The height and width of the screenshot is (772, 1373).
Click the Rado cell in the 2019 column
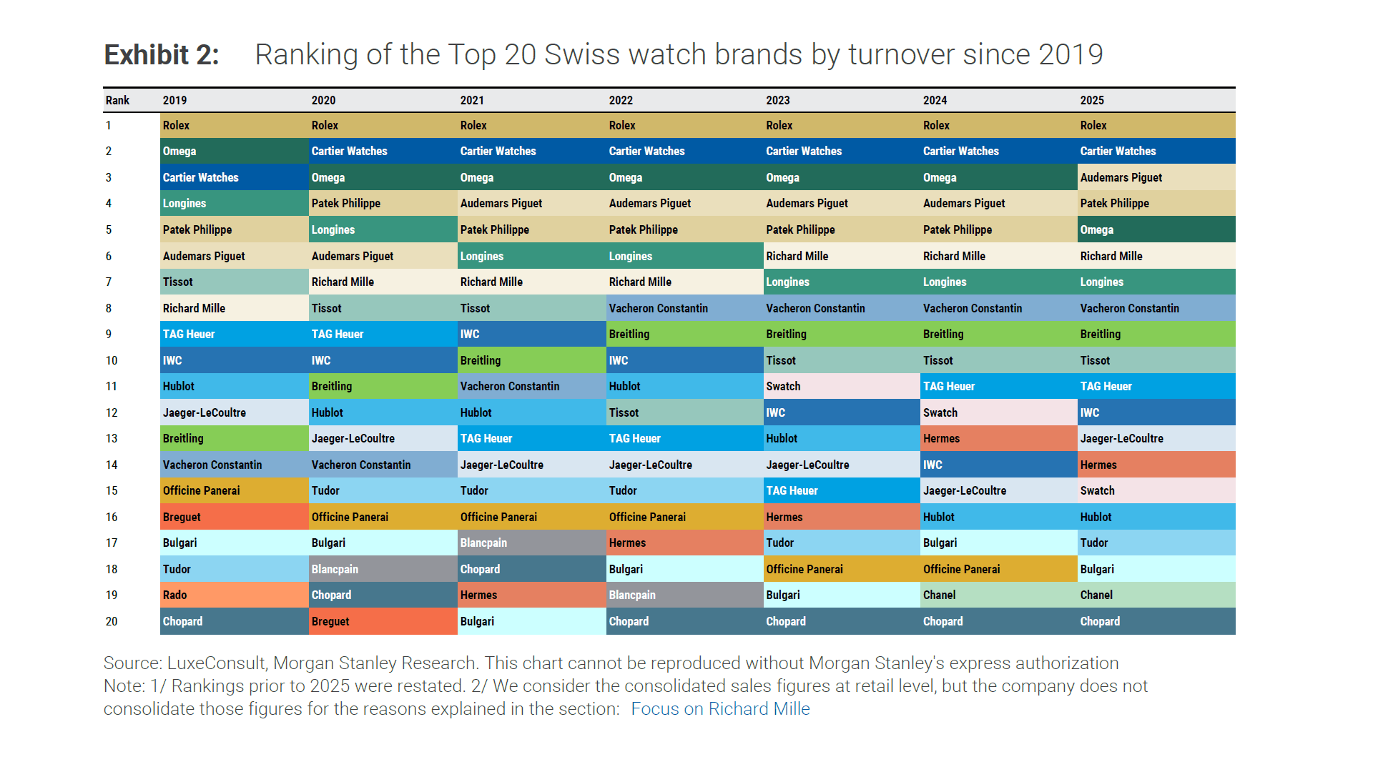234,595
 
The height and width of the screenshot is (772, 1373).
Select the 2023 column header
778,100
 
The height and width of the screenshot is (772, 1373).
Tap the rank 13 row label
112,438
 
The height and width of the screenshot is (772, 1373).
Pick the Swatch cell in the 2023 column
841,386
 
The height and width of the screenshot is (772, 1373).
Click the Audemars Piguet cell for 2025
1156,177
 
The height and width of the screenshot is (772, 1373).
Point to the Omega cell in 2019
234,151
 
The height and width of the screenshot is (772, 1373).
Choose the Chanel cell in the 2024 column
998,595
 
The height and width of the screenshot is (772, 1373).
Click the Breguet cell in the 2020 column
383,621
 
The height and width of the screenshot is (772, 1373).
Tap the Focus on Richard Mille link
720,708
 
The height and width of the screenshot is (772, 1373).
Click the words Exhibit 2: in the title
162,54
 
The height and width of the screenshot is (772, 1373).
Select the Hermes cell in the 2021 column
531,595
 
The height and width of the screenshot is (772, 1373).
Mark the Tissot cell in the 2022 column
684,412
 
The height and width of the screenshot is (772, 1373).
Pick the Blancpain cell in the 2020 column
383,569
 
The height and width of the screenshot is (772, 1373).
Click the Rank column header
118,100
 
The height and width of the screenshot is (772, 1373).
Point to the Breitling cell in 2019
234,438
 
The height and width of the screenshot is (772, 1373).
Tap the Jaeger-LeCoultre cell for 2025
1156,438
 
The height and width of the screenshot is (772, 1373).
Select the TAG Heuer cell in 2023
841,490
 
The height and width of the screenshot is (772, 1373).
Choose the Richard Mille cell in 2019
234,308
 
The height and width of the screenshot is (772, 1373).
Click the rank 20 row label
112,621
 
